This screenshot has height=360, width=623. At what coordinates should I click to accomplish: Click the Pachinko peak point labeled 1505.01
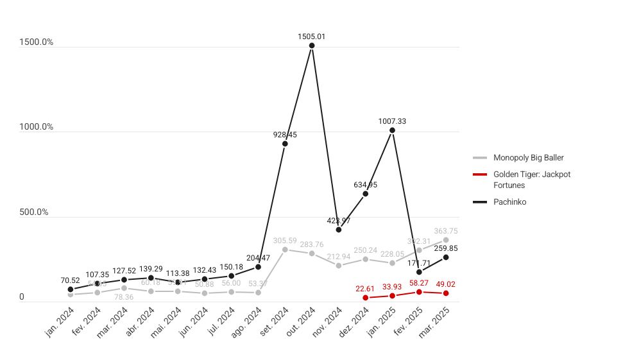pos(312,46)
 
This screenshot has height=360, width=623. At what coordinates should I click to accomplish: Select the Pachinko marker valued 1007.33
pos(392,130)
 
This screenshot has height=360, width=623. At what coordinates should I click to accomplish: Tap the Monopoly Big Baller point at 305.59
pos(285,249)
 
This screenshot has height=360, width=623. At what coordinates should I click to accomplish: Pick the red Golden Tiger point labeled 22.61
pos(365,298)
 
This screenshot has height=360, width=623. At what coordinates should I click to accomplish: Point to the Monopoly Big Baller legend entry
pos(528,158)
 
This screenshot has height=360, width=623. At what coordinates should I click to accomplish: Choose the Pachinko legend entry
pos(509,202)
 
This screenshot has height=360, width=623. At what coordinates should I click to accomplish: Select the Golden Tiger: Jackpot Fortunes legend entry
pos(531,180)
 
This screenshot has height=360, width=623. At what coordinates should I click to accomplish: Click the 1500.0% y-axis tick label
pos(36,42)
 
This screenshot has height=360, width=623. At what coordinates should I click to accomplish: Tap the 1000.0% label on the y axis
pos(36,127)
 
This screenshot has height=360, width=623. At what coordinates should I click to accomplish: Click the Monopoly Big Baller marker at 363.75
pos(446,240)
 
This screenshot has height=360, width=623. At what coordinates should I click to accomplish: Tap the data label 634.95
pos(366,185)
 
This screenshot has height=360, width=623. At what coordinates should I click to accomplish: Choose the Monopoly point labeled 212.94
pos(339,265)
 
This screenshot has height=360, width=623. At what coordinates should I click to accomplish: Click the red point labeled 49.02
pos(446,293)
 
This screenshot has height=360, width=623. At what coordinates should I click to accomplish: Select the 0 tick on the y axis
pos(22,297)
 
